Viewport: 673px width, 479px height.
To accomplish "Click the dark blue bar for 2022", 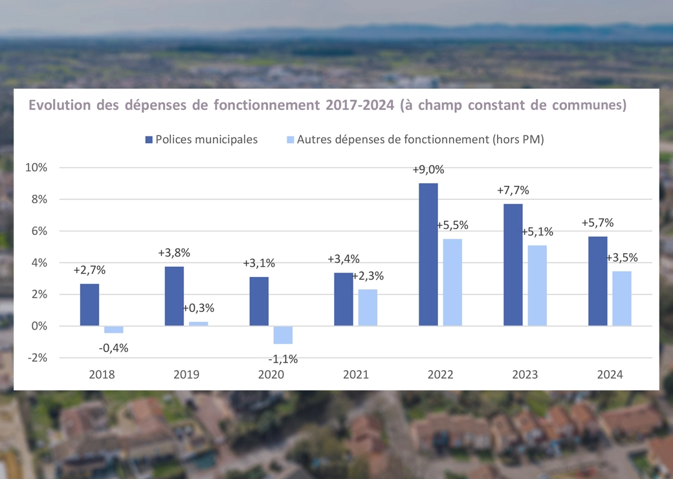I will [x=428, y=254].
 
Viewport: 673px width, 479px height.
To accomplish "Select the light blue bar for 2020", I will [x=283, y=335].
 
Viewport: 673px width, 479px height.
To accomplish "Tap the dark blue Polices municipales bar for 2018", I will [x=90, y=305].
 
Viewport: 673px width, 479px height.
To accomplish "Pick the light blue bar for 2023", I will [x=537, y=285].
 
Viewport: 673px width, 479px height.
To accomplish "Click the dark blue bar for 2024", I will [x=598, y=281].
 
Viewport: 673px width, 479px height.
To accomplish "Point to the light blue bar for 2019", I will [x=199, y=324].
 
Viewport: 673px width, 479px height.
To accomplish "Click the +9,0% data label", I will [x=428, y=170].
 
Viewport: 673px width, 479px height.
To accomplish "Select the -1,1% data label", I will [x=283, y=359].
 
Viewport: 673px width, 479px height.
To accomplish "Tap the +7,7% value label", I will [x=513, y=191].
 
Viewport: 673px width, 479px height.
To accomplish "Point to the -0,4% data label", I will [x=114, y=348].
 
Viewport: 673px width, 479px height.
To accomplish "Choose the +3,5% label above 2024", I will [x=622, y=258].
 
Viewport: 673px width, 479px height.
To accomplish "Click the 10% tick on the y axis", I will [x=36, y=168].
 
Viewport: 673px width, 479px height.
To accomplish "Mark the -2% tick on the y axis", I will [x=36, y=358].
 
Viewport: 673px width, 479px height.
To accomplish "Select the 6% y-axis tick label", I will [x=39, y=231].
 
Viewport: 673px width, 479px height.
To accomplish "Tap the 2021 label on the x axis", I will [x=356, y=375].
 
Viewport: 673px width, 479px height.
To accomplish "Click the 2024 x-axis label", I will [x=610, y=375].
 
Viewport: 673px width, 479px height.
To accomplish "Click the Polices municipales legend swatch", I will [x=149, y=140].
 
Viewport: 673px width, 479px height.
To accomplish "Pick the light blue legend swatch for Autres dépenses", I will [x=290, y=140].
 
